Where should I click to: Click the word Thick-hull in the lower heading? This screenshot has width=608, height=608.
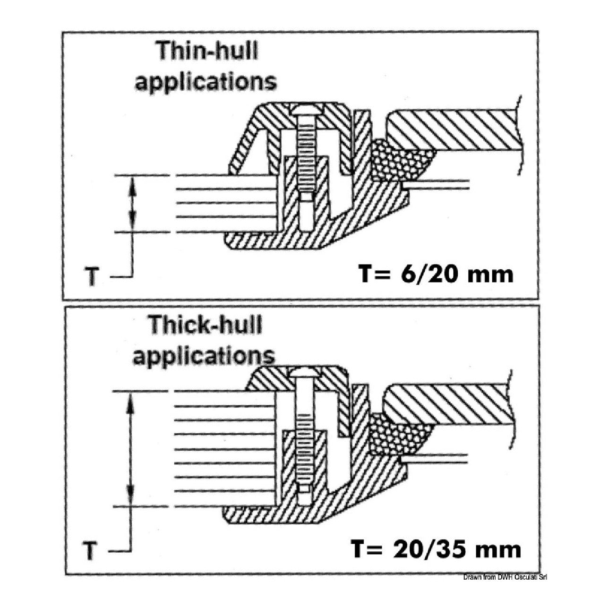[205, 325]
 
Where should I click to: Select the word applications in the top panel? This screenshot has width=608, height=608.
[206, 81]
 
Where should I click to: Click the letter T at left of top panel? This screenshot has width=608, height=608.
[92, 277]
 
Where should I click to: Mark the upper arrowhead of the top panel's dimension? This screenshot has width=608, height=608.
[133, 184]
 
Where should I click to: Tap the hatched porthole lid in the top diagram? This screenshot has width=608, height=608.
[454, 130]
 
